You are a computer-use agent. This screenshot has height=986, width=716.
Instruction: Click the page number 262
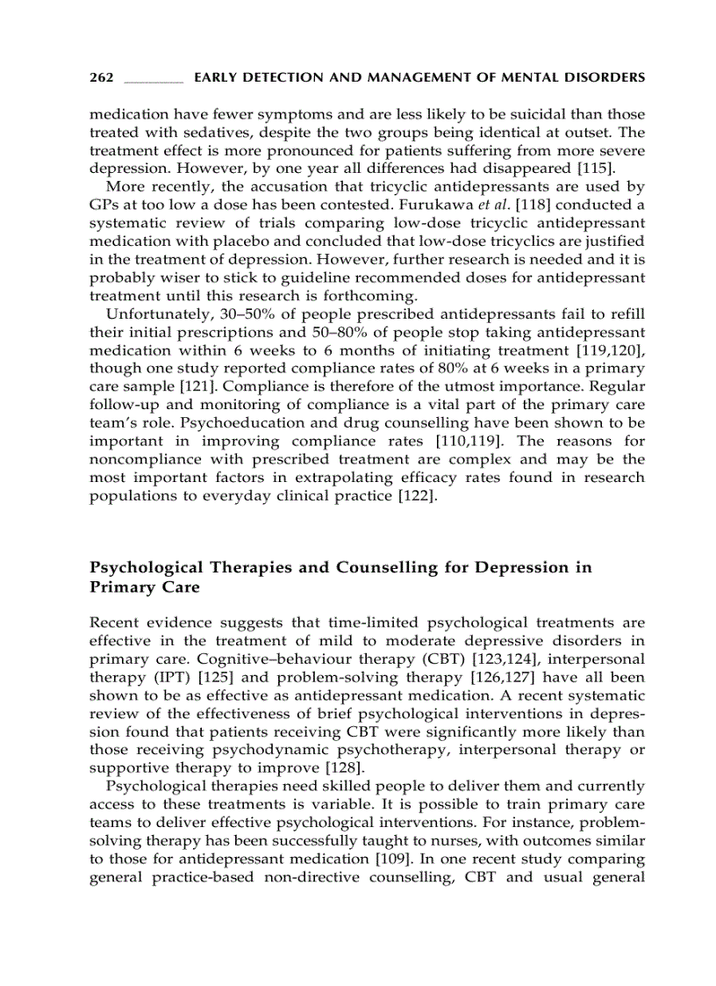pyautogui.click(x=102, y=78)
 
